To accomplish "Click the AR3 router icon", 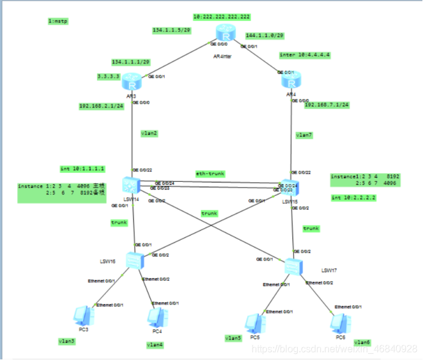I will click(x=131, y=82).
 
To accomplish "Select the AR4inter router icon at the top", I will click(x=224, y=34).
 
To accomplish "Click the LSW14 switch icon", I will click(x=131, y=185).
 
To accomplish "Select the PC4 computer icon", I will click(x=156, y=317).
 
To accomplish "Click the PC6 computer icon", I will click(x=340, y=322).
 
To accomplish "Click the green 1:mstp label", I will click(x=59, y=21).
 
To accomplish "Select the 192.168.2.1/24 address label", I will click(x=101, y=106).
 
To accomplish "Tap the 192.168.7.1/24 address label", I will click(x=327, y=105).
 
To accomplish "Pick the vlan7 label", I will click(x=304, y=135).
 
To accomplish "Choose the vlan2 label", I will click(x=148, y=132).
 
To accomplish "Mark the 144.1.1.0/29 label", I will click(x=265, y=36).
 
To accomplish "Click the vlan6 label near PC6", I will click(x=363, y=342).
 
